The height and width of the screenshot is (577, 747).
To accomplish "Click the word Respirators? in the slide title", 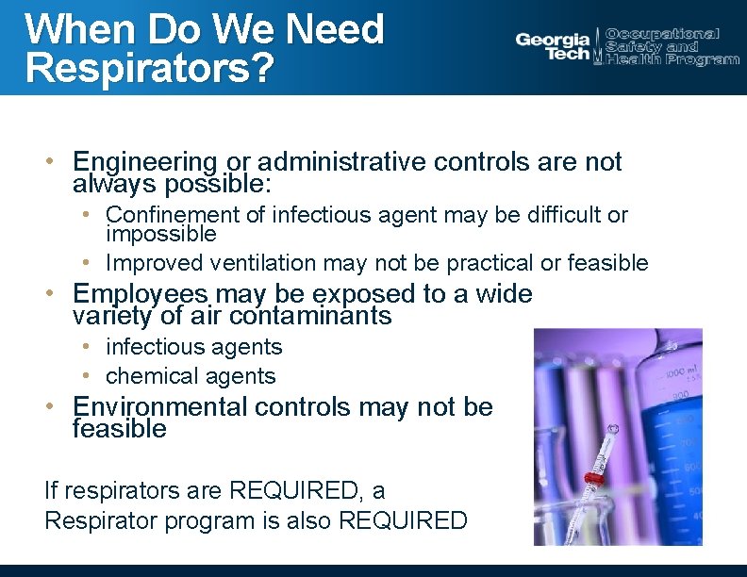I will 151,68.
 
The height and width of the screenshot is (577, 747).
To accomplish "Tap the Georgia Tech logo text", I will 553,46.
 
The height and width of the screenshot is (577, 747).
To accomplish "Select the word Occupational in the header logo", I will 662,34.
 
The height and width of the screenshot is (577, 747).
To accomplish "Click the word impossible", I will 161,234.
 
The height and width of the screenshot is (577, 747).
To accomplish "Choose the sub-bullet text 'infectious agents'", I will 193,347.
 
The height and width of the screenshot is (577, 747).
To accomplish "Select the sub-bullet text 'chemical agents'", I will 191,376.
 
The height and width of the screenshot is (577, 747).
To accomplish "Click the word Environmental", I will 160,407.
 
